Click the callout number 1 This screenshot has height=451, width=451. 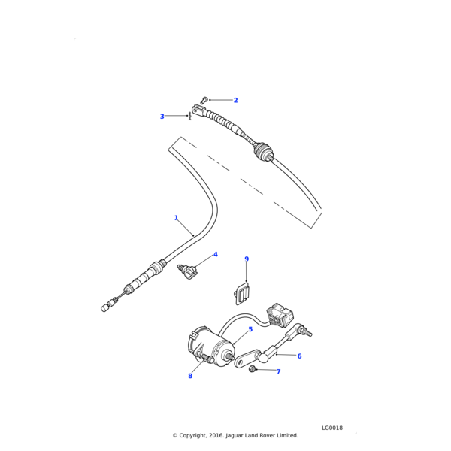pos(176,218)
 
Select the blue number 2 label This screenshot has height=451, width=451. pos(235,100)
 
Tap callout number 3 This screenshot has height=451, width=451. pos(162,117)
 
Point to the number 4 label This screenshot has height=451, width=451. pos(215,255)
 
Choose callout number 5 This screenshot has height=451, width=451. pos(250,329)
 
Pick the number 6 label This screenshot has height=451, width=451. pos(299,356)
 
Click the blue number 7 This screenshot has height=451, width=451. pos(278,371)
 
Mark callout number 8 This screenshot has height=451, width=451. pos(190,376)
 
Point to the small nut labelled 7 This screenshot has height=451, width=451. pos(256,369)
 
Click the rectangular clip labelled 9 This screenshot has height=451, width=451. pos(242,295)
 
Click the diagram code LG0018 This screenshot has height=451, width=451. pos(332,427)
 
